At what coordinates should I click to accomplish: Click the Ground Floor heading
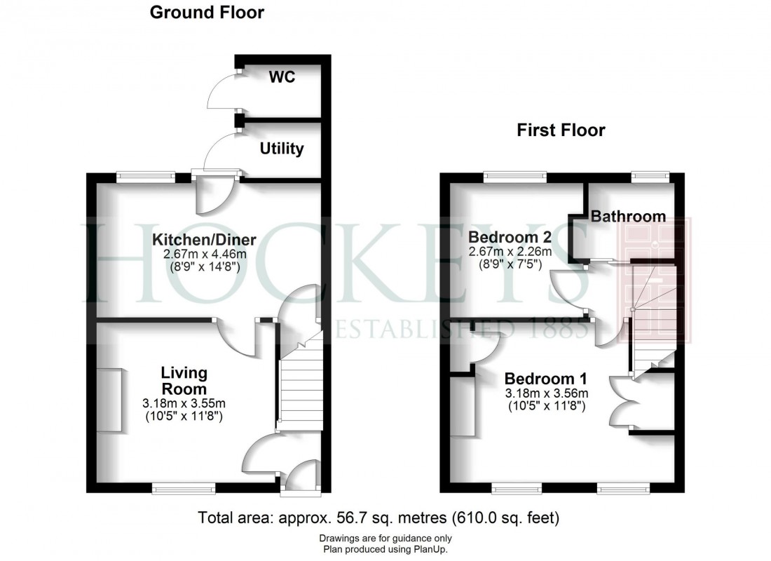pos(207,12)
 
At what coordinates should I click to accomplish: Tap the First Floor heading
pos(560,130)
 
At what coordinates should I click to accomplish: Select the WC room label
pos(282,76)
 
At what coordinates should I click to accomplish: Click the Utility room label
pos(282,149)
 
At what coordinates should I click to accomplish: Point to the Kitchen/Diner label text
pos(204,241)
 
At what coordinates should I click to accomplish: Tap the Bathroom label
pos(628,216)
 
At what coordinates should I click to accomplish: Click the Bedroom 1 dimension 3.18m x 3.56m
pos(546,393)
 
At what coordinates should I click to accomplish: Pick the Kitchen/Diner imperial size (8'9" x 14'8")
pos(204,266)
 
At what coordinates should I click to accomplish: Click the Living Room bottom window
pos(184,485)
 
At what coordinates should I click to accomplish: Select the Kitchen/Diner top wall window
pos(145,177)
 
